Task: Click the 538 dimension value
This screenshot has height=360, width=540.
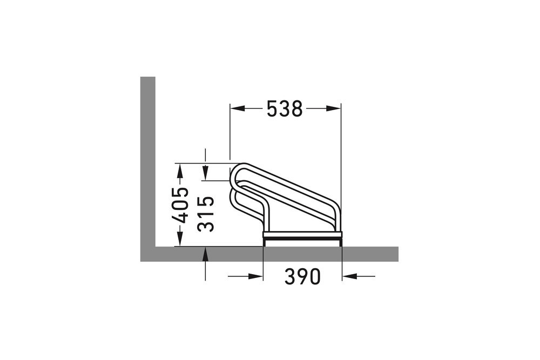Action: pos(285,109)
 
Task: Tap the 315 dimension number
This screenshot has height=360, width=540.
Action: pos(206,214)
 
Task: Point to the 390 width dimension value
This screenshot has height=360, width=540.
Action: pos(302,277)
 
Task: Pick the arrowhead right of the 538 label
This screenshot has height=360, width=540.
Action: pos(334,108)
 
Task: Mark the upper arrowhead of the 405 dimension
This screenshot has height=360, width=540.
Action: pos(180,169)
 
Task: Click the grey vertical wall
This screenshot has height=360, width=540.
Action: pos(147,162)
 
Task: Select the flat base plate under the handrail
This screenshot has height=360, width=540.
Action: pos(302,235)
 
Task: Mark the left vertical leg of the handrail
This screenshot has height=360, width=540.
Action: pos(266,219)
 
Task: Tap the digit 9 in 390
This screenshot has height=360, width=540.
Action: pos(302,277)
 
